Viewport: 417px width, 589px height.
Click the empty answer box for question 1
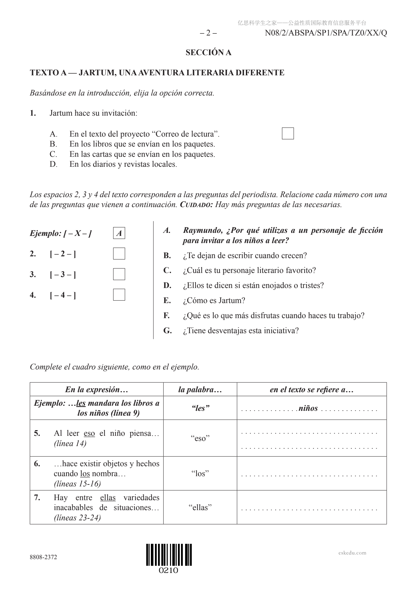(288, 133)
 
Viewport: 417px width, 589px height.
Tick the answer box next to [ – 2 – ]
(119, 254)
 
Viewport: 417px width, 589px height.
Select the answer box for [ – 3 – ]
(119, 274)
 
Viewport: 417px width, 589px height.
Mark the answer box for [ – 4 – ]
(119, 295)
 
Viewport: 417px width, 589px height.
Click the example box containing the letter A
(119, 233)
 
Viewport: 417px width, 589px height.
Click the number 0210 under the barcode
(168, 570)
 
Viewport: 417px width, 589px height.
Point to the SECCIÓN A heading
(208, 52)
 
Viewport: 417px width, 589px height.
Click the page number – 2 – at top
(208, 33)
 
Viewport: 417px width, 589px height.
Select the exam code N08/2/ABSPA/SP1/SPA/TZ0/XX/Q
(326, 33)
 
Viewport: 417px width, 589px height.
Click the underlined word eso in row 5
(89, 433)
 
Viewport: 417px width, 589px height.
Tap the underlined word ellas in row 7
(108, 497)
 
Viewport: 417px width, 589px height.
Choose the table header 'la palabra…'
(200, 390)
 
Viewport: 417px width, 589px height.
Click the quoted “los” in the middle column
(200, 473)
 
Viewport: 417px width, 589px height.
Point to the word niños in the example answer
(308, 408)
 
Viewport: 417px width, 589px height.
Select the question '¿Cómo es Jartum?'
(214, 300)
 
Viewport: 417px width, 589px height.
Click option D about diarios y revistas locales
(123, 164)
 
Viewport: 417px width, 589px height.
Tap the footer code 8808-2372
(43, 557)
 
